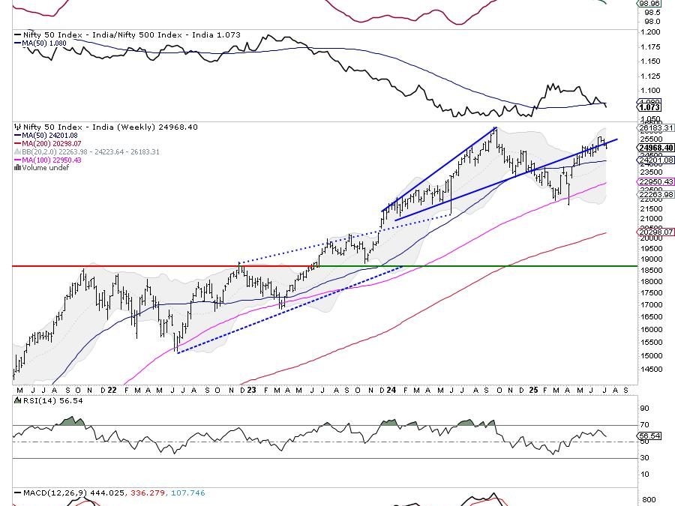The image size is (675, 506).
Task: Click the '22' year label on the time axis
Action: click(x=110, y=391)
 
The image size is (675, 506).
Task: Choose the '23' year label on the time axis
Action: click(x=251, y=391)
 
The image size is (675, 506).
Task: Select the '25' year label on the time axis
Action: click(x=532, y=391)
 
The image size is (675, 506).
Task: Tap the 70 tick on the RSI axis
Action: click(x=644, y=425)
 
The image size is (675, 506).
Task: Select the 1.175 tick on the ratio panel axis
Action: click(x=649, y=46)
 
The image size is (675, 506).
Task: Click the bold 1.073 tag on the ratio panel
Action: click(x=650, y=107)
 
